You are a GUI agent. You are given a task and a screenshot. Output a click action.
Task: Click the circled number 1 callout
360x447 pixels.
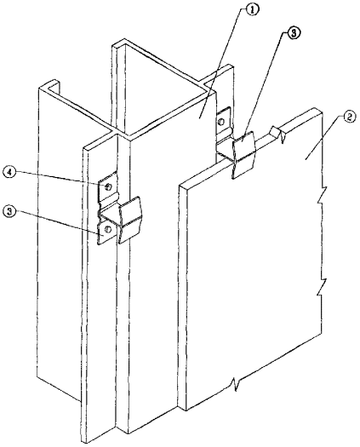point(253,10)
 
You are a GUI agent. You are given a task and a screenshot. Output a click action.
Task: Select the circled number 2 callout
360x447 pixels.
point(349,117)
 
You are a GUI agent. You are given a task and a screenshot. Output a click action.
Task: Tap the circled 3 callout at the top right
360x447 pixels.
point(293,33)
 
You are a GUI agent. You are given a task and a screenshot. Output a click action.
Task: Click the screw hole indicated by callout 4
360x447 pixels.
point(108,186)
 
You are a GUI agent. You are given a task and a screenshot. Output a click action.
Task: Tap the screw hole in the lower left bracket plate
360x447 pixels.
point(108,229)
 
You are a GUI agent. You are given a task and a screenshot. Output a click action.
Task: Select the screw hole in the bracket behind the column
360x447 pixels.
point(221,122)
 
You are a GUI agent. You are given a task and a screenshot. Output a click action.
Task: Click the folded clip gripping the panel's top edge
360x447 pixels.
point(243,154)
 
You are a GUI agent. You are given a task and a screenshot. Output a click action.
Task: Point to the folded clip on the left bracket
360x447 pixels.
point(130,220)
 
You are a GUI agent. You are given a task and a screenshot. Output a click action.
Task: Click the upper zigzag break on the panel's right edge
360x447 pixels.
point(321,196)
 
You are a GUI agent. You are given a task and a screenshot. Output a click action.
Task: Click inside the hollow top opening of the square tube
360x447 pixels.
point(160,85)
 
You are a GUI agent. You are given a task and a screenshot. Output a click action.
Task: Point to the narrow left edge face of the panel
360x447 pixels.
point(182,296)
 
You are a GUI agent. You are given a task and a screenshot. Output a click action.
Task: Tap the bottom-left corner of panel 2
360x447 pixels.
point(186,410)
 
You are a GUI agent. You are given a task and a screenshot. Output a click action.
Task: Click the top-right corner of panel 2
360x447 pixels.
point(323,113)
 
